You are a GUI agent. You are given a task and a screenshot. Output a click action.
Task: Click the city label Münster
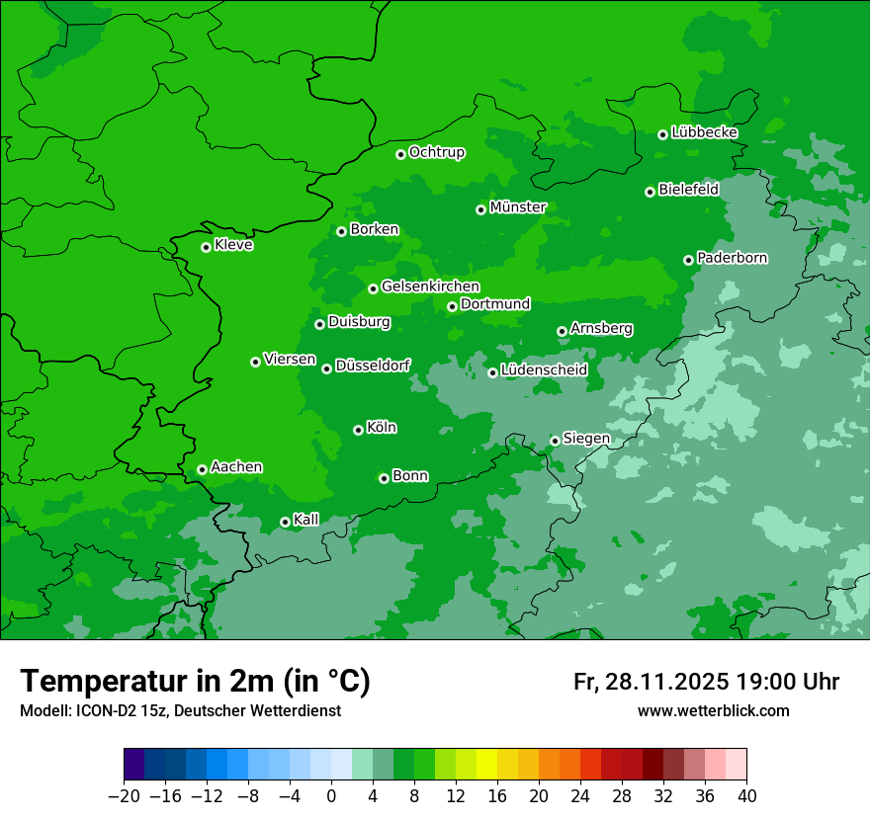click(517, 207)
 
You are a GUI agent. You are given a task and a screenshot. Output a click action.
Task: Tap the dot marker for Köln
click(358, 430)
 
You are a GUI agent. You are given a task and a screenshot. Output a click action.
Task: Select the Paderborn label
click(732, 258)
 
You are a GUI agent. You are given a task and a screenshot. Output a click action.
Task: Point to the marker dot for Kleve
click(206, 247)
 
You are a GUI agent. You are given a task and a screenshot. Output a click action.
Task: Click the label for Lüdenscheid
click(544, 370)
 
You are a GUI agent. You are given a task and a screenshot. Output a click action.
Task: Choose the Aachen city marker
click(202, 469)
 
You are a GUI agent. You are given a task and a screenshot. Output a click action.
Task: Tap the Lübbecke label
click(704, 132)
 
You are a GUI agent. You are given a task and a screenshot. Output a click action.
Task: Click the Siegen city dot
click(555, 441)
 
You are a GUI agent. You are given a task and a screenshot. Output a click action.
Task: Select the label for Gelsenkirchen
click(430, 287)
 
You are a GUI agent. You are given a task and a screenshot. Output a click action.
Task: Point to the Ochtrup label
click(436, 152)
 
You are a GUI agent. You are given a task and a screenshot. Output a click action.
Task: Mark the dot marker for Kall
click(285, 522)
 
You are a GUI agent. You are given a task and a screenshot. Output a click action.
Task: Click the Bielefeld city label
click(688, 190)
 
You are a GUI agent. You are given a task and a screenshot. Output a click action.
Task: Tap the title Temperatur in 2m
click(195, 682)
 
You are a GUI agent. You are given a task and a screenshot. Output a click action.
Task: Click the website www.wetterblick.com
click(713, 710)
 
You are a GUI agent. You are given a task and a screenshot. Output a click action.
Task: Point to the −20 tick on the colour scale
click(124, 795)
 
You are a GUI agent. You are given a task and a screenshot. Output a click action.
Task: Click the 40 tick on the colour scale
click(746, 795)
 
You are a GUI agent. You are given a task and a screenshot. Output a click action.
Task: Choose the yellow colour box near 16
click(486, 765)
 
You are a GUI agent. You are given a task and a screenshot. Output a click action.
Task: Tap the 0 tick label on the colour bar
click(331, 795)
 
